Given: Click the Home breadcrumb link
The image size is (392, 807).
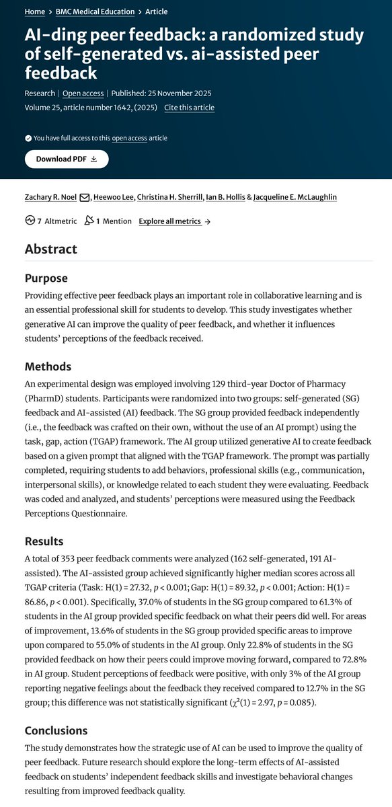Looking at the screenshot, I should click(x=34, y=12).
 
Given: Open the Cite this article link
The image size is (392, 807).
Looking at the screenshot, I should click(x=189, y=108).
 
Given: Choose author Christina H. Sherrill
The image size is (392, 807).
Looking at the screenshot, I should click(x=175, y=196).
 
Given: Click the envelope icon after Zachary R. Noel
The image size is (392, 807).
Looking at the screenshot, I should click(x=85, y=197).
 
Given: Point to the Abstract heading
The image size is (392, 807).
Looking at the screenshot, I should click(x=51, y=249).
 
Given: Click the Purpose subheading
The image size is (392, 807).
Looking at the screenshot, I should click(x=46, y=278).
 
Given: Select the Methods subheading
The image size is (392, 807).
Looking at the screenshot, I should click(x=48, y=367).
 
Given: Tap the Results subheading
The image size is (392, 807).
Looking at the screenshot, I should click(x=45, y=541).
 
